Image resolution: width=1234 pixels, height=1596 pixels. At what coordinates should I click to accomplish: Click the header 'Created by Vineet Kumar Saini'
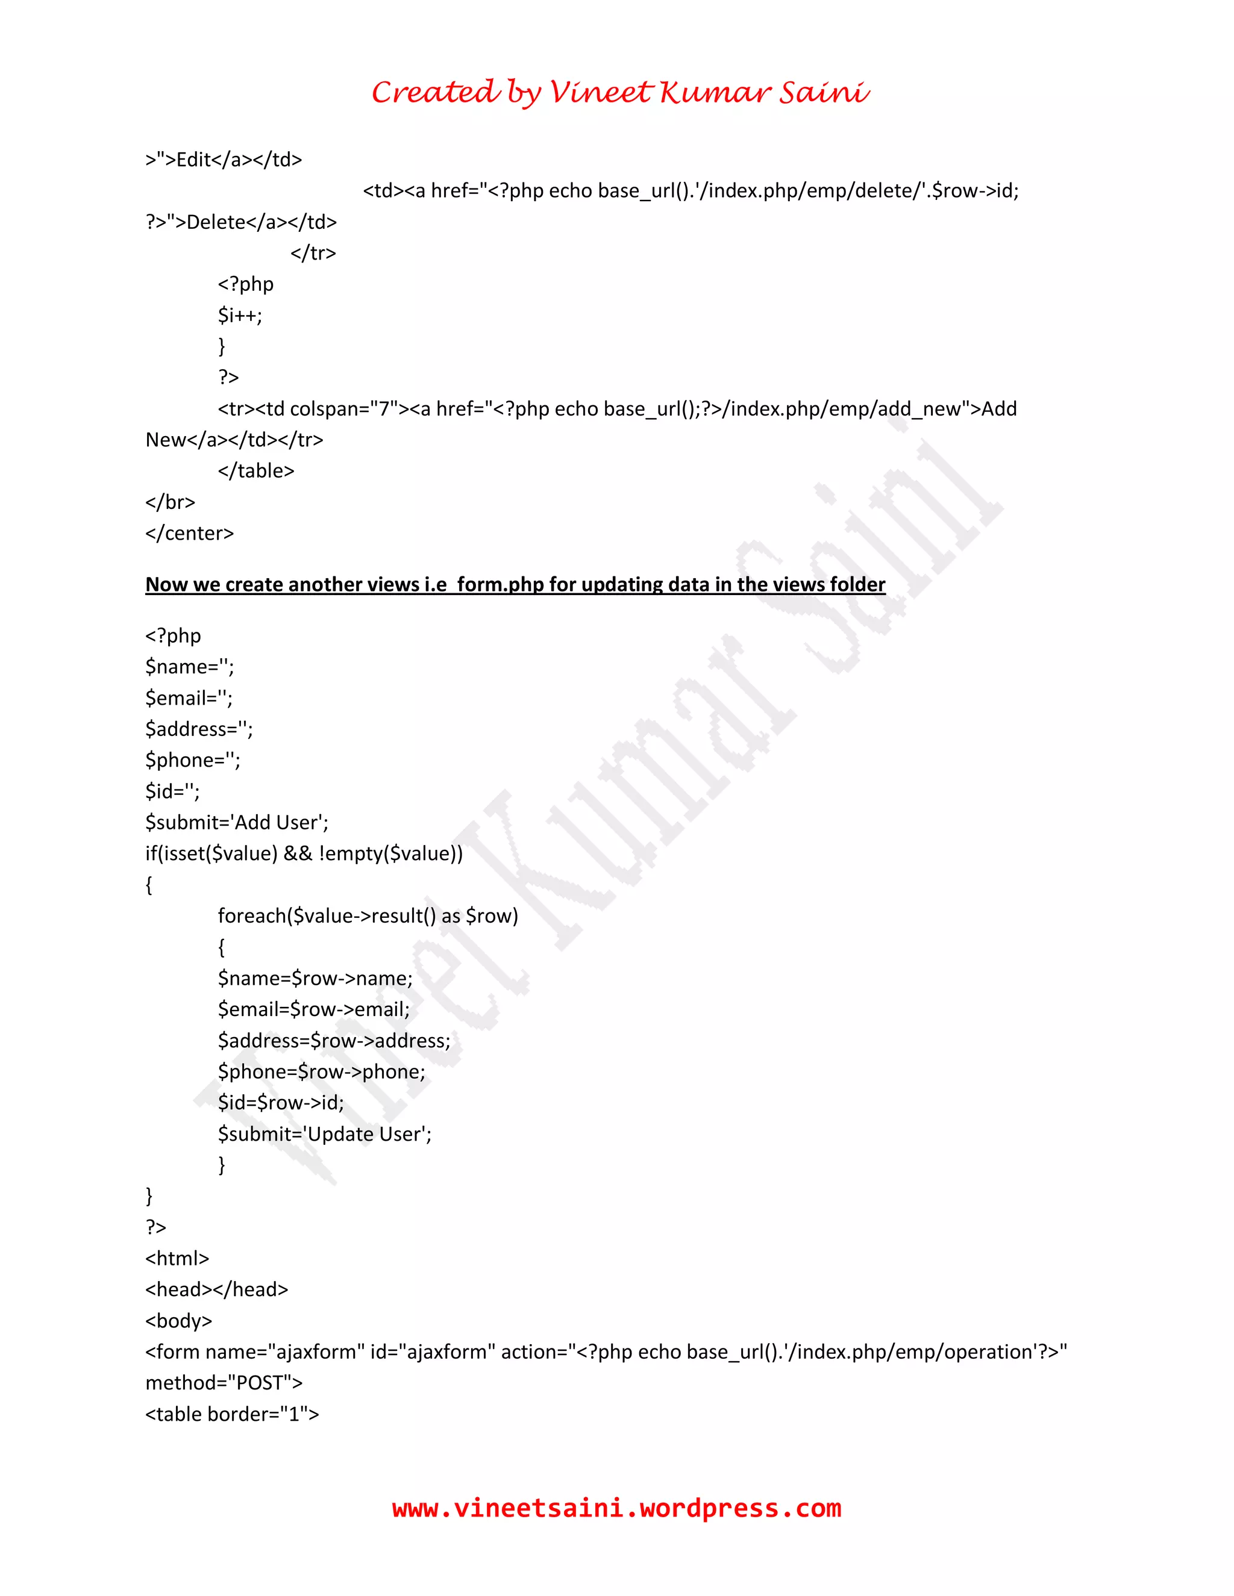[x=620, y=93]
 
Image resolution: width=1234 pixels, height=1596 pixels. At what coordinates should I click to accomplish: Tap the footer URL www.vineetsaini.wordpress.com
[x=616, y=1507]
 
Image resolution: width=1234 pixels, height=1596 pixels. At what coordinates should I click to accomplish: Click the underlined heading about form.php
[x=515, y=585]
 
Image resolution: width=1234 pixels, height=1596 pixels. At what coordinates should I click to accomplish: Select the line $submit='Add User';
[x=237, y=823]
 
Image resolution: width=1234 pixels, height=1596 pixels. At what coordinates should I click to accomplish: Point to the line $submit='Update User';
[x=325, y=1134]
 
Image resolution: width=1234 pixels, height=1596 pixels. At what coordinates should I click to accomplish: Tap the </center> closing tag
[x=189, y=534]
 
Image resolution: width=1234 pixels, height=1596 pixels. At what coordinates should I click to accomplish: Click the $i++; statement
[x=240, y=316]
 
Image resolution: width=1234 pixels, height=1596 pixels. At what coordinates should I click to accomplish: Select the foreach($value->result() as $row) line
[x=368, y=917]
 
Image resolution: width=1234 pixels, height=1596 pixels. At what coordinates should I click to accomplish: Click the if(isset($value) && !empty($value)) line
[x=304, y=853]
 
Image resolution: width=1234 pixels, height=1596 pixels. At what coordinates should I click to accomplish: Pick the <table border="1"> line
[x=232, y=1414]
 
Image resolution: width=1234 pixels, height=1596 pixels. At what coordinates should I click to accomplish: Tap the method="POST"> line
[x=224, y=1383]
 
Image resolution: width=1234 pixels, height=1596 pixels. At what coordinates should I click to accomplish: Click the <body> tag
[x=178, y=1321]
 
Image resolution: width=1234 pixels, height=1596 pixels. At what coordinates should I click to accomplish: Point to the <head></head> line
[x=216, y=1290]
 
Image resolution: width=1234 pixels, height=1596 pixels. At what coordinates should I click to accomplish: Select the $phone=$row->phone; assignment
[x=321, y=1072]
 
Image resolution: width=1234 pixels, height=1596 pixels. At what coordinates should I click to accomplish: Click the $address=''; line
[x=199, y=729]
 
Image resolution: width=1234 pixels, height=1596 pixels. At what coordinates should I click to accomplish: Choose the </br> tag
[x=171, y=503]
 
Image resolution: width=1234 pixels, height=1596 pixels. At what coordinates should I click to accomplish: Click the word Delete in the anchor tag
[x=216, y=222]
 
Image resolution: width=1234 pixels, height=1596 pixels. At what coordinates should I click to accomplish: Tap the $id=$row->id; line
[x=281, y=1103]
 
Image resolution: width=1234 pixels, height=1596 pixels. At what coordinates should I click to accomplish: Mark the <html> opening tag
[x=177, y=1258]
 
